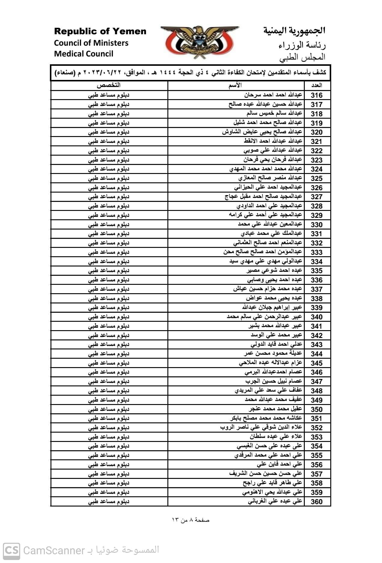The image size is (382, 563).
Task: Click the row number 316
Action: click(316, 95)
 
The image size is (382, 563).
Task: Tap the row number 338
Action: click(316, 298)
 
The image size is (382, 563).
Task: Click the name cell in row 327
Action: click(263, 196)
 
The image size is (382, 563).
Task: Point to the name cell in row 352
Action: click(261, 427)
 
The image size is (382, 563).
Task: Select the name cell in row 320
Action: click(262, 132)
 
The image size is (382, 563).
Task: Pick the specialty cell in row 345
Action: click(108, 363)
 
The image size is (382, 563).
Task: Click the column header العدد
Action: click(317, 86)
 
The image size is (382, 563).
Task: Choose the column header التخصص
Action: click(108, 85)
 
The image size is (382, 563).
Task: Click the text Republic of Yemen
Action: click(100, 31)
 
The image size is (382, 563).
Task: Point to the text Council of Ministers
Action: click(91, 43)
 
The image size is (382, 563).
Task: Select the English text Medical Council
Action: click(84, 54)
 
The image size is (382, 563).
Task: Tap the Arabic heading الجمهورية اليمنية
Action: click(294, 31)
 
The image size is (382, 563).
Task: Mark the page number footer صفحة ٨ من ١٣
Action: click(191, 520)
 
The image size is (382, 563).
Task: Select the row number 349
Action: click(316, 400)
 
